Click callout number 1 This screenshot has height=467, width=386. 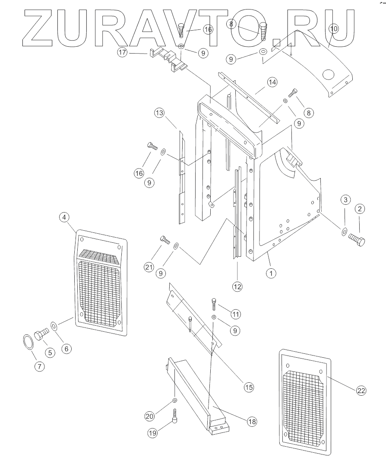coord(271,273)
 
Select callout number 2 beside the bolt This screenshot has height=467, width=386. coord(360,209)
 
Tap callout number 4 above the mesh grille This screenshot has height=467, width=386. coord(64,217)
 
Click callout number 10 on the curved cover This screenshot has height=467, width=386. coord(334,29)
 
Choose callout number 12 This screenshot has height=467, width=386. coord(237,287)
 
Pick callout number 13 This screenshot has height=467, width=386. coord(159,113)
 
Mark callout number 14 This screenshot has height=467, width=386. coord(272,82)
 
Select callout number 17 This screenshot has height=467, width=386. coord(122,53)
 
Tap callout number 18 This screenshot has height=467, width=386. coord(252,422)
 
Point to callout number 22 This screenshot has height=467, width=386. coord(361,391)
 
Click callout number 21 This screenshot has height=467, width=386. coord(149,267)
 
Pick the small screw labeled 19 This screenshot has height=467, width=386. coord(175,416)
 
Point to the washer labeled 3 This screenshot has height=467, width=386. coord(344,232)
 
